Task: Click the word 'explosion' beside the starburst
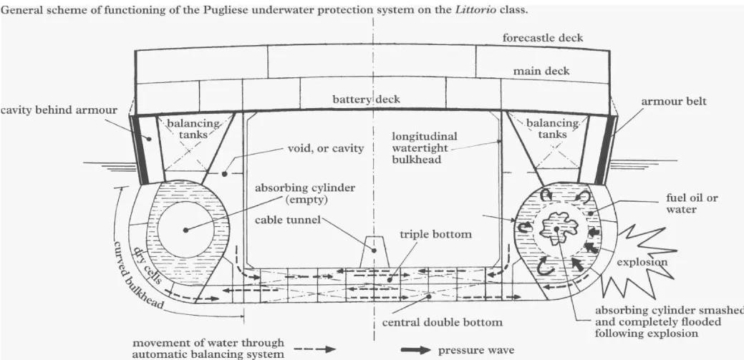(x=642, y=262)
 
